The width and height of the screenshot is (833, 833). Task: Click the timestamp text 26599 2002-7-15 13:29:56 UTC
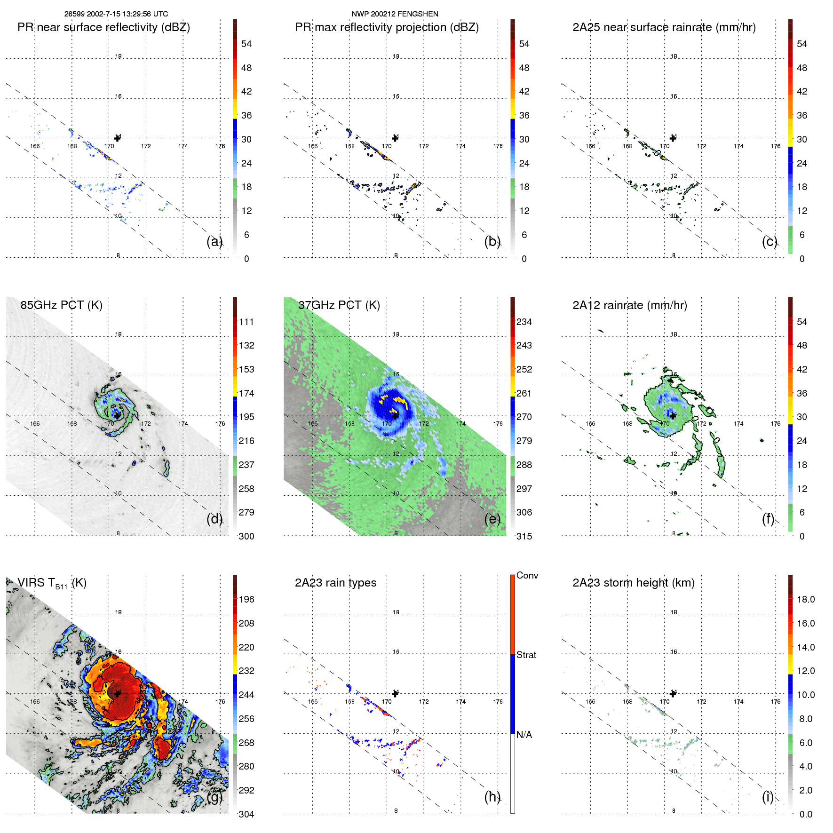point(116,14)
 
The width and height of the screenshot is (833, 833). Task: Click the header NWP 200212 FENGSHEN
point(395,14)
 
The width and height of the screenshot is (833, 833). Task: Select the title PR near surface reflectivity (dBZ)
point(103,27)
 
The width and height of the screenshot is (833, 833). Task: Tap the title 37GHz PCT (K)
point(339,305)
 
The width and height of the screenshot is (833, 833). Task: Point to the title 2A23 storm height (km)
point(633,583)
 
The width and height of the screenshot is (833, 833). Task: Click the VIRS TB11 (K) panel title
point(52,583)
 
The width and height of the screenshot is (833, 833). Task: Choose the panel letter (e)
point(492,519)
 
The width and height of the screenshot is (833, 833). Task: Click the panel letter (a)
point(214,241)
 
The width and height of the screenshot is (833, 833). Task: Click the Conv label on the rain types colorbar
point(527,575)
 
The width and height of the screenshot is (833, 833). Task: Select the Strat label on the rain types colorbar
point(526,655)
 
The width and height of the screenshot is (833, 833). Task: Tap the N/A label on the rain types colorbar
point(524,735)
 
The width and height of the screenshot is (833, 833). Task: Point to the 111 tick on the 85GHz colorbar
point(246,322)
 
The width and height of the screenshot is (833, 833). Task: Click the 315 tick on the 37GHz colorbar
point(524,536)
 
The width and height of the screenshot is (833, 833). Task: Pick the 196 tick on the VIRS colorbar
point(246,599)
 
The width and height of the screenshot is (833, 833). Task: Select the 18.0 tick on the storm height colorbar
point(805,599)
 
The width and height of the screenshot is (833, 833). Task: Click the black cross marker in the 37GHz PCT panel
point(395,416)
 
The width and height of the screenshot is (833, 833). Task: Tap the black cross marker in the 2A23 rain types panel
point(395,694)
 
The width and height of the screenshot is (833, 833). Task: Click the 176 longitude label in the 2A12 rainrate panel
point(776,424)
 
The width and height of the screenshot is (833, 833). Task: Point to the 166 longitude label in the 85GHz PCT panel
point(35,424)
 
